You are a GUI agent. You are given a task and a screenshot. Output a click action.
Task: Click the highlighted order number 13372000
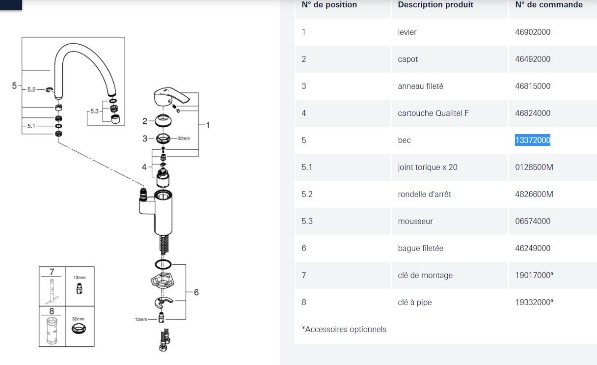pyautogui.click(x=533, y=140)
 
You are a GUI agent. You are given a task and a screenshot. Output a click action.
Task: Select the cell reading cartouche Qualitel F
pyautogui.click(x=433, y=113)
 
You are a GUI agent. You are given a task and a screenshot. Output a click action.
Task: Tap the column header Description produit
pyautogui.click(x=435, y=5)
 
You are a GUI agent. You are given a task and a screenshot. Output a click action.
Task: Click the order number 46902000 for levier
pyautogui.click(x=533, y=32)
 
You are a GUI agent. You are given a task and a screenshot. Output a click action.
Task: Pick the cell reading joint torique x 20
pyautogui.click(x=427, y=167)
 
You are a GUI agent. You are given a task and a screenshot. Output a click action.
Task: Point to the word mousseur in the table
pyautogui.click(x=415, y=221)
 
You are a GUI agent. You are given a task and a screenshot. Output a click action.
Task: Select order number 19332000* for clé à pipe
pyautogui.click(x=534, y=302)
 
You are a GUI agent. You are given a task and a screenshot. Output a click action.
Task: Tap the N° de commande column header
pyautogui.click(x=549, y=5)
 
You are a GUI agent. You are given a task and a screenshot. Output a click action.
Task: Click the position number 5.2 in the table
pyautogui.click(x=307, y=194)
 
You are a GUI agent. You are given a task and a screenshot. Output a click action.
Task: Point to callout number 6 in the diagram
pyautogui.click(x=196, y=292)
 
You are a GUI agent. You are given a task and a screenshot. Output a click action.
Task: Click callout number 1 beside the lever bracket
pyautogui.click(x=208, y=125)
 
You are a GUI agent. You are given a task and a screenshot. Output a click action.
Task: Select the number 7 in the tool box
pyautogui.click(x=52, y=272)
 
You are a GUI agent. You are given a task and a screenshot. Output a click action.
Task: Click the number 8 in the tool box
pyautogui.click(x=52, y=311)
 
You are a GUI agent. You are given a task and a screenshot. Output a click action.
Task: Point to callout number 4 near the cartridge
pyautogui.click(x=144, y=167)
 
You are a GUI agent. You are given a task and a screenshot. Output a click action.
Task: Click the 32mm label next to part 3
pyautogui.click(x=183, y=139)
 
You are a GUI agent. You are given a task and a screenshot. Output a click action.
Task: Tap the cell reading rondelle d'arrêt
pyautogui.click(x=424, y=194)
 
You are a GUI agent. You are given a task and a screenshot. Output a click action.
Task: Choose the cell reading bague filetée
pyautogui.click(x=420, y=248)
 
